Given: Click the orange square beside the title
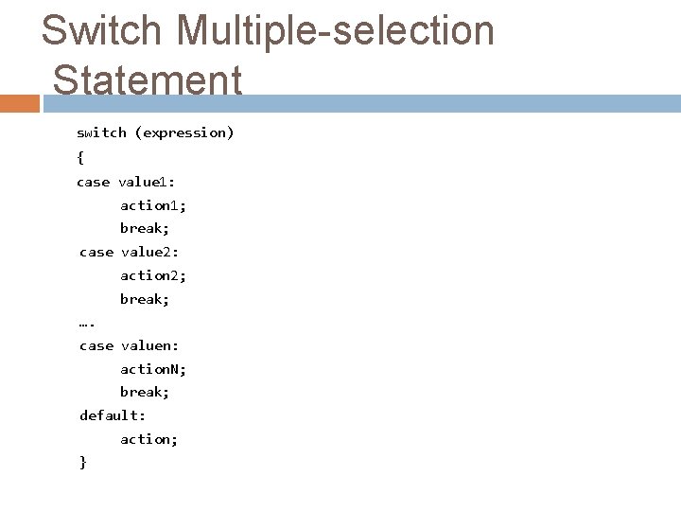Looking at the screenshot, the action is (20, 102).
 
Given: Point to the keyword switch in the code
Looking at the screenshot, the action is (101, 132).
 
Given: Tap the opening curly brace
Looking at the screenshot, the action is (80, 156).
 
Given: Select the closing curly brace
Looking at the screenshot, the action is (83, 462).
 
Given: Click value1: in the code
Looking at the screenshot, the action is (148, 181).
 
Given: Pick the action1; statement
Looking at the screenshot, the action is (153, 204).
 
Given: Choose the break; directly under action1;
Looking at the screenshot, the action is (144, 228).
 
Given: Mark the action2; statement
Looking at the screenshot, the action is (153, 275).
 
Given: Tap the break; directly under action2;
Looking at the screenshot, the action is (144, 299).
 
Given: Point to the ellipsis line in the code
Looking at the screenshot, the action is (87, 324).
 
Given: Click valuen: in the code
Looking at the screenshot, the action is (150, 345).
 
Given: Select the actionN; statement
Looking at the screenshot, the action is (153, 369).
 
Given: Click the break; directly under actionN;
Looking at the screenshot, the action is (144, 392).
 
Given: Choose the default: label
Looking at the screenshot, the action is (112, 415).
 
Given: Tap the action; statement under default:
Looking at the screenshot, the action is (148, 439).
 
